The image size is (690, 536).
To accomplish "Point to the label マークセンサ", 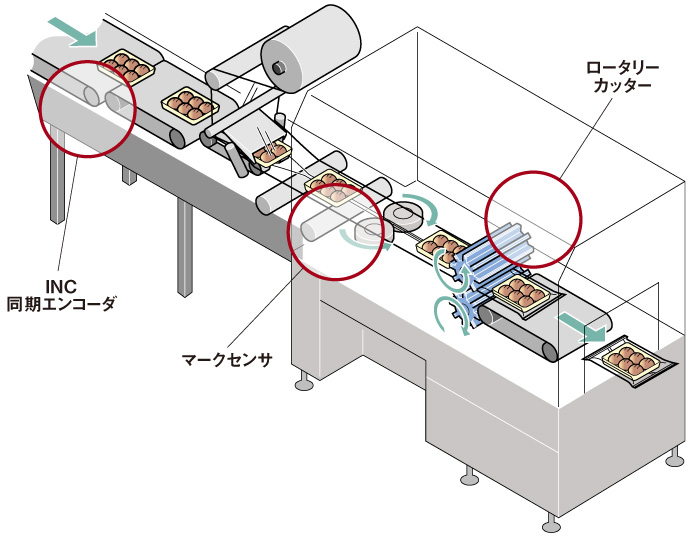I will tap(225, 357).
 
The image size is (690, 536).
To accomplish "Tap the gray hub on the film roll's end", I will tap(279, 67).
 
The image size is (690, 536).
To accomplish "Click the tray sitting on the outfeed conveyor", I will tap(522, 293).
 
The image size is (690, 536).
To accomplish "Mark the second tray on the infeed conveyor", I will tap(189, 102).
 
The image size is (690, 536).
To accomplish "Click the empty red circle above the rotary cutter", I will tap(533, 213).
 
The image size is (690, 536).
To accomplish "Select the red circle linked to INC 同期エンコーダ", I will tap(88, 104).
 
